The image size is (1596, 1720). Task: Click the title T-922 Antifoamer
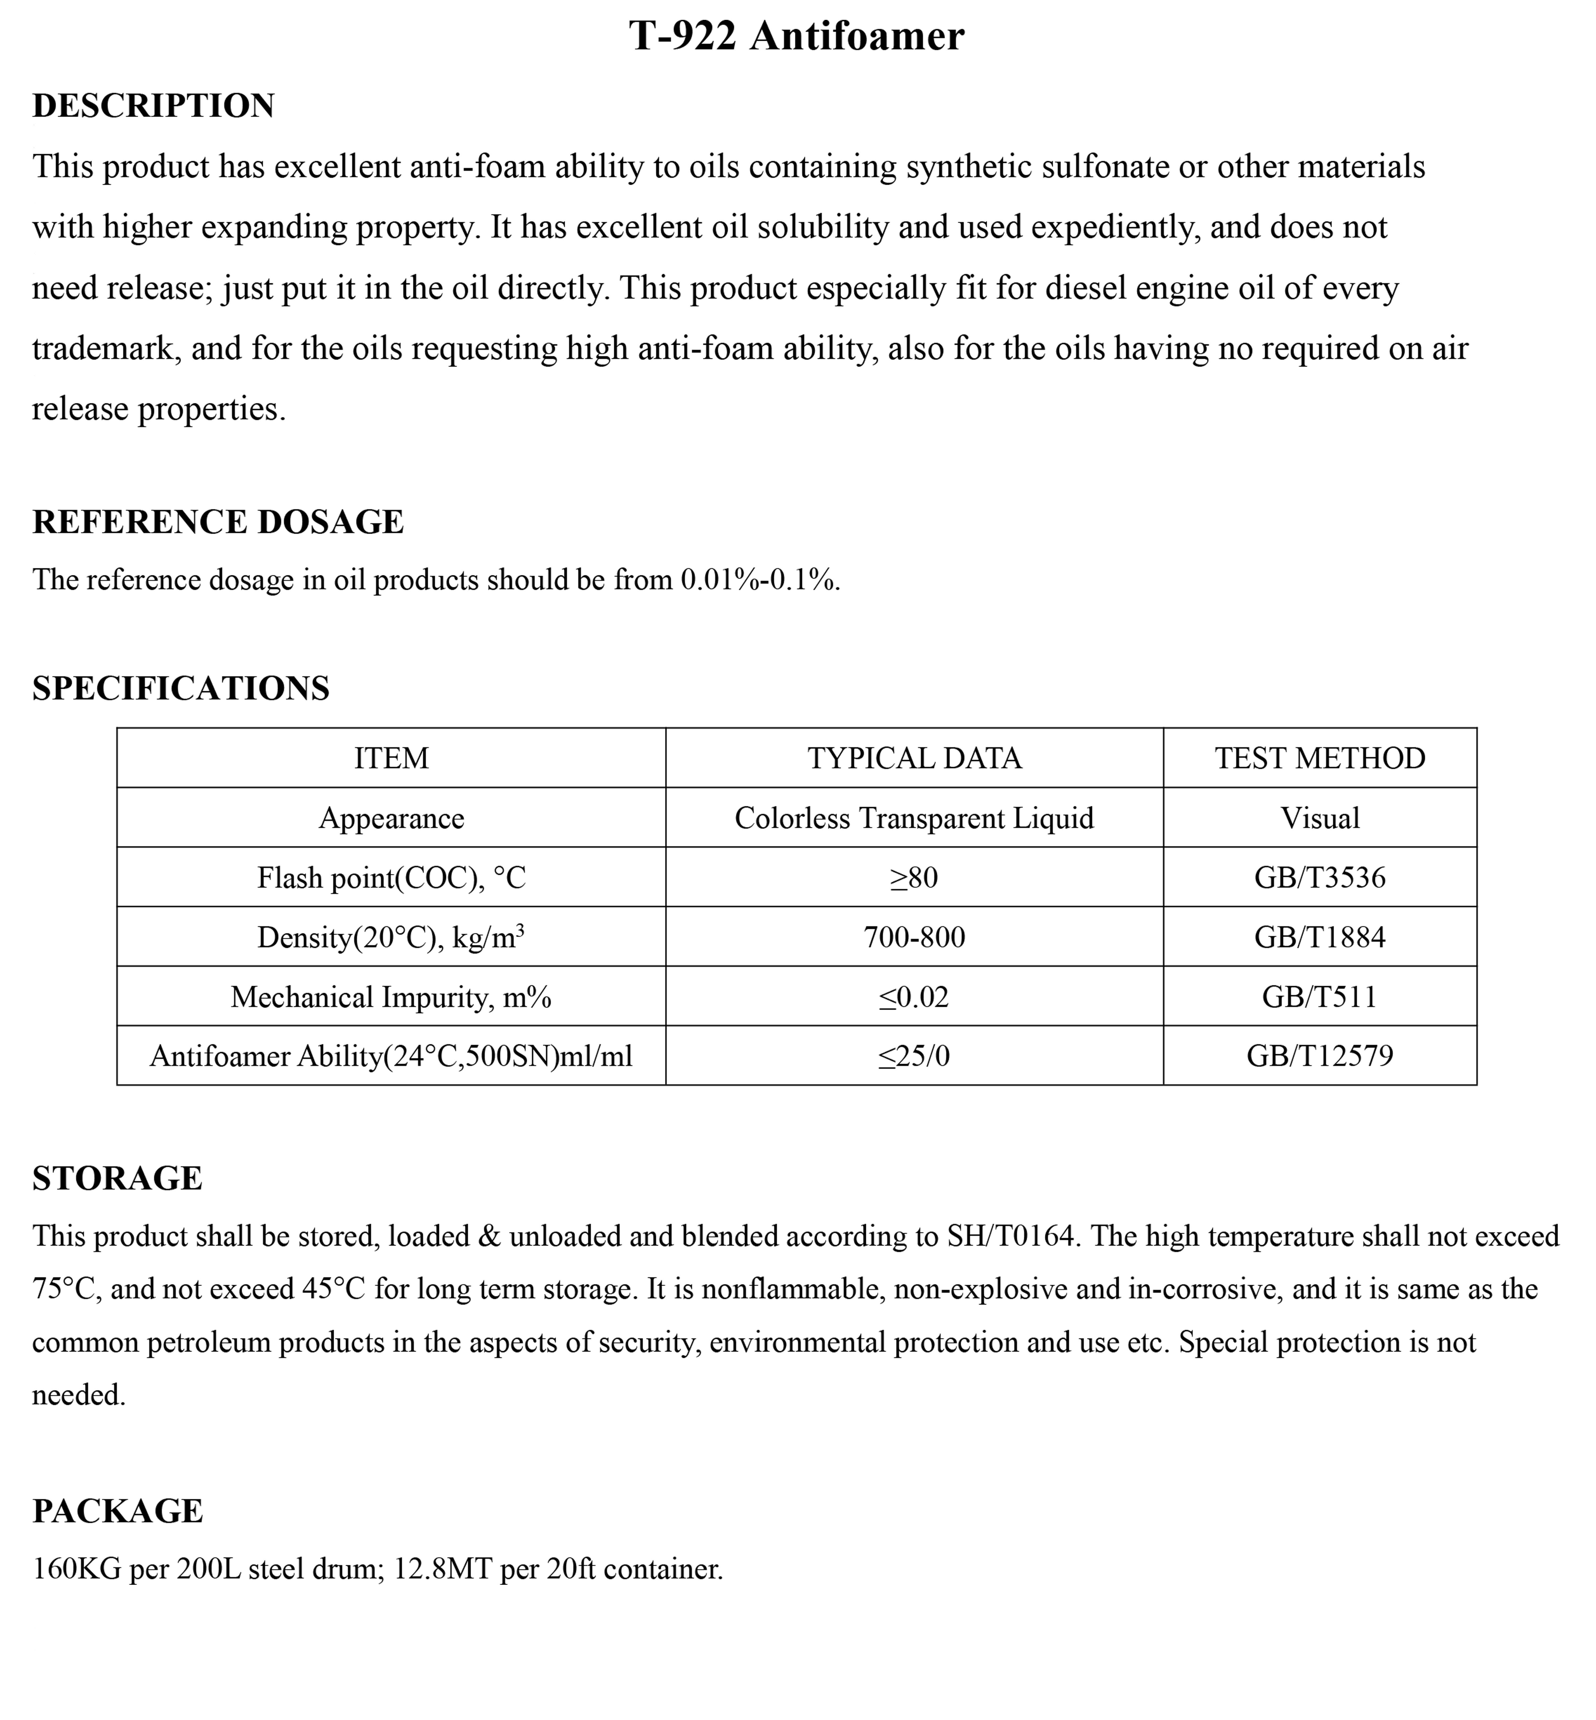[796, 36]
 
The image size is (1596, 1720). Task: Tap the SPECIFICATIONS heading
[180, 688]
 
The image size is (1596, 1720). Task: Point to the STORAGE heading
[118, 1178]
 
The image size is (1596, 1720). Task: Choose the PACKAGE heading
[118, 1511]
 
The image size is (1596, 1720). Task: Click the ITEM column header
[391, 758]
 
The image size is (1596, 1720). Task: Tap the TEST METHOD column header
[1320, 758]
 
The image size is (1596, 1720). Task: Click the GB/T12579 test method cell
[1320, 1055]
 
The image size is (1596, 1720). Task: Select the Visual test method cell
[1320, 818]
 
